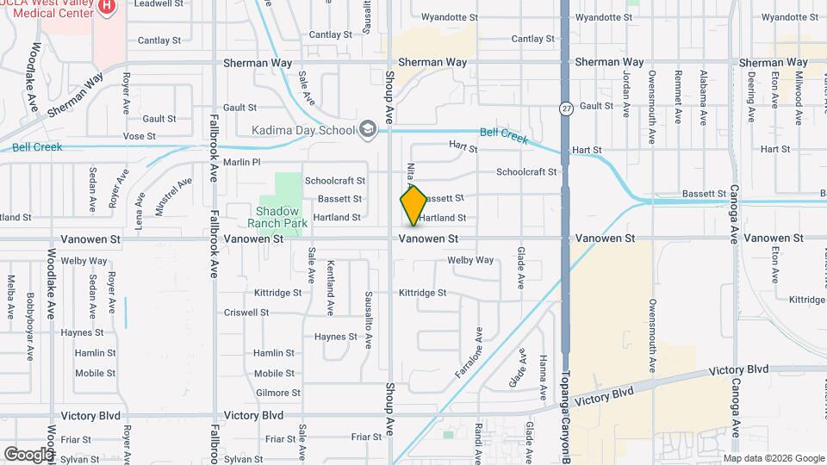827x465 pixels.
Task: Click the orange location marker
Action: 413,205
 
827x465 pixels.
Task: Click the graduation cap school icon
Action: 369,129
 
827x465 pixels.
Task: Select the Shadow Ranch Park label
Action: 277,216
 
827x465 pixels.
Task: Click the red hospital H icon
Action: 107,7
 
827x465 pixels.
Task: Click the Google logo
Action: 28,453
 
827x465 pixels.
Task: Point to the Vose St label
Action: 139,136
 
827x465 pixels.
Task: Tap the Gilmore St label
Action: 277,393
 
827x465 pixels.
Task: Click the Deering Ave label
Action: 751,88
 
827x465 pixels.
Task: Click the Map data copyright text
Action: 769,458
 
